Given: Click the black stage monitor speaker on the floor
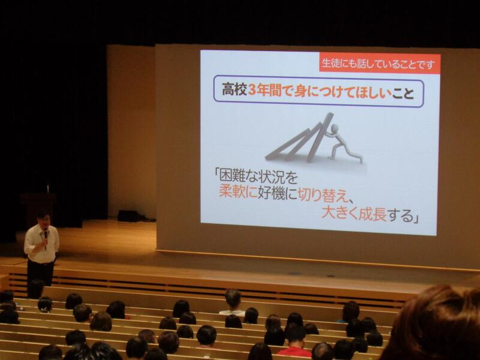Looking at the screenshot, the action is (x=131, y=216).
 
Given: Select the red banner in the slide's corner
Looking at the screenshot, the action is (x=380, y=64).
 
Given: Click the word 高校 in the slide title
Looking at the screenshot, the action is (x=234, y=91).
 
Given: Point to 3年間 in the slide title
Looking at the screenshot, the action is (x=265, y=91).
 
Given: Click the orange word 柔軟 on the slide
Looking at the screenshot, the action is (x=233, y=193).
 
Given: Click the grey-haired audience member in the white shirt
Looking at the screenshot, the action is (x=233, y=302).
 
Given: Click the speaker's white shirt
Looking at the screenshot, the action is (x=41, y=245).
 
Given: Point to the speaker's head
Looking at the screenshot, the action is (x=43, y=219).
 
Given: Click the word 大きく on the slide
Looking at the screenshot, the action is (x=340, y=214).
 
